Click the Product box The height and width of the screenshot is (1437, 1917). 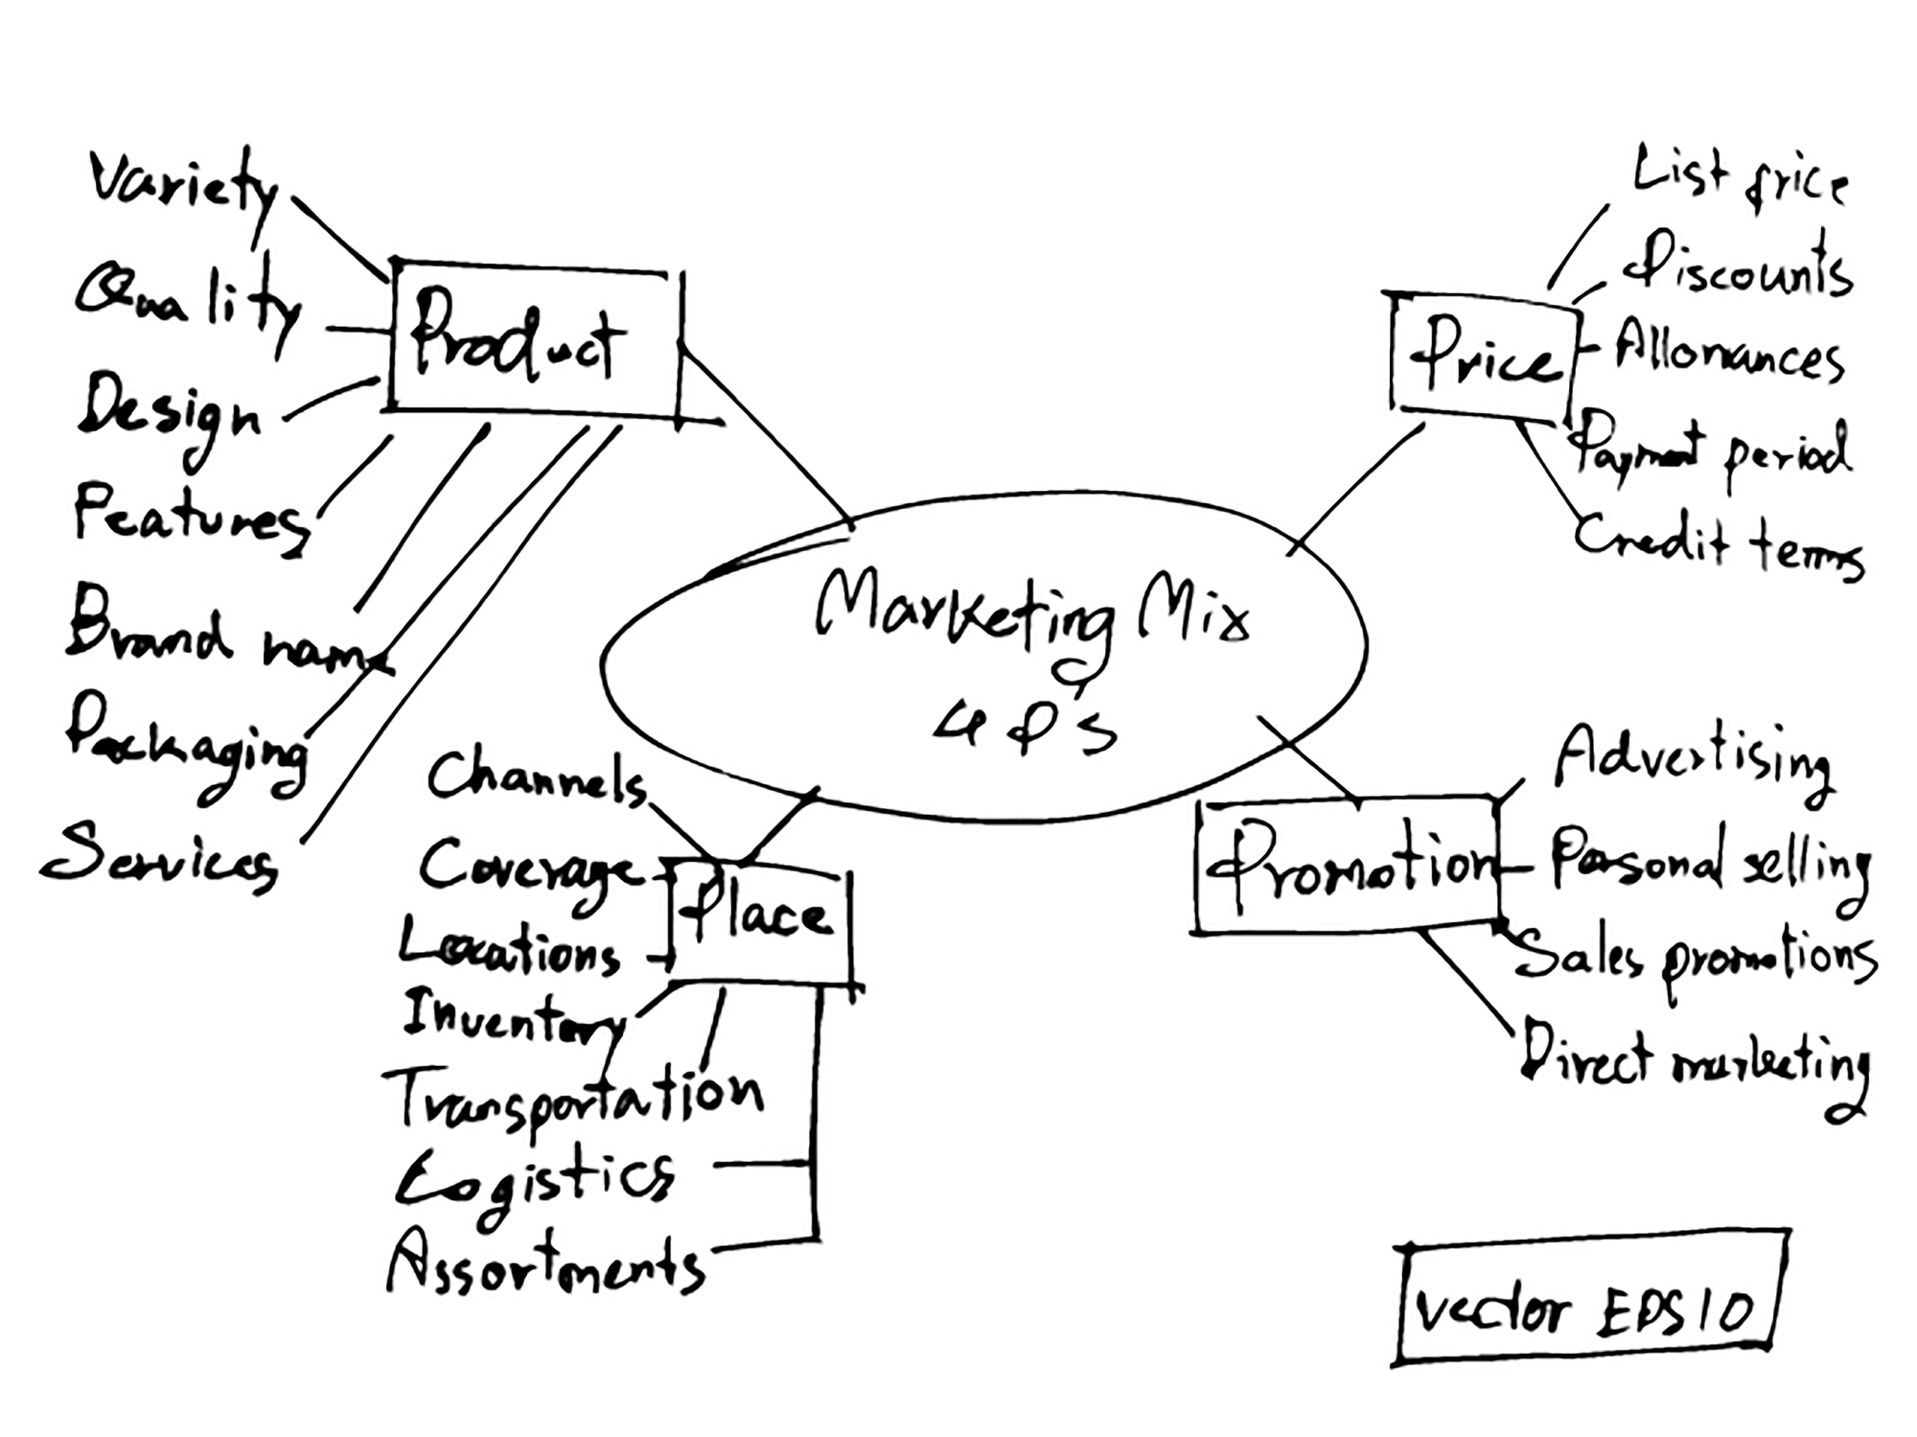coord(532,340)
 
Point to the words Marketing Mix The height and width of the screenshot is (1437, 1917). coord(1030,614)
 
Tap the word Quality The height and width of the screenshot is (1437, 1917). coord(187,302)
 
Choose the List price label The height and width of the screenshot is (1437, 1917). coord(1740,177)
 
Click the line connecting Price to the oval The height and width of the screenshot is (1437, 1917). coord(1356,489)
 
